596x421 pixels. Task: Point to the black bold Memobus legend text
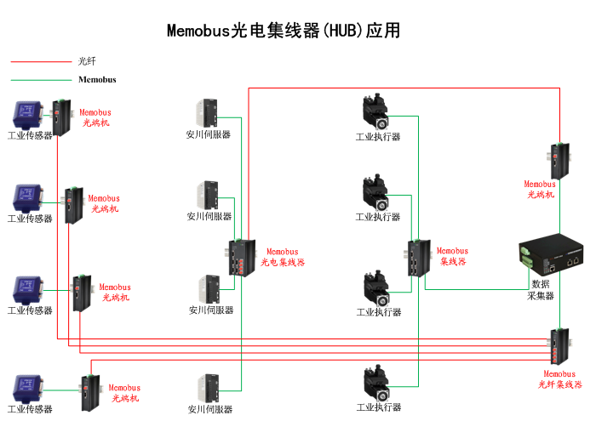(x=96, y=80)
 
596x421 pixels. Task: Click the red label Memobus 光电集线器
(x=283, y=257)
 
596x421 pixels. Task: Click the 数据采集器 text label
(x=541, y=289)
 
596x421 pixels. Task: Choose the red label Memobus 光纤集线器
(x=559, y=379)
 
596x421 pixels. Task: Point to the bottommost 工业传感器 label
(x=30, y=409)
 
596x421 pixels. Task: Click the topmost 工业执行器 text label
(x=377, y=137)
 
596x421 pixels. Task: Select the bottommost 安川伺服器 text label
(x=210, y=409)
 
